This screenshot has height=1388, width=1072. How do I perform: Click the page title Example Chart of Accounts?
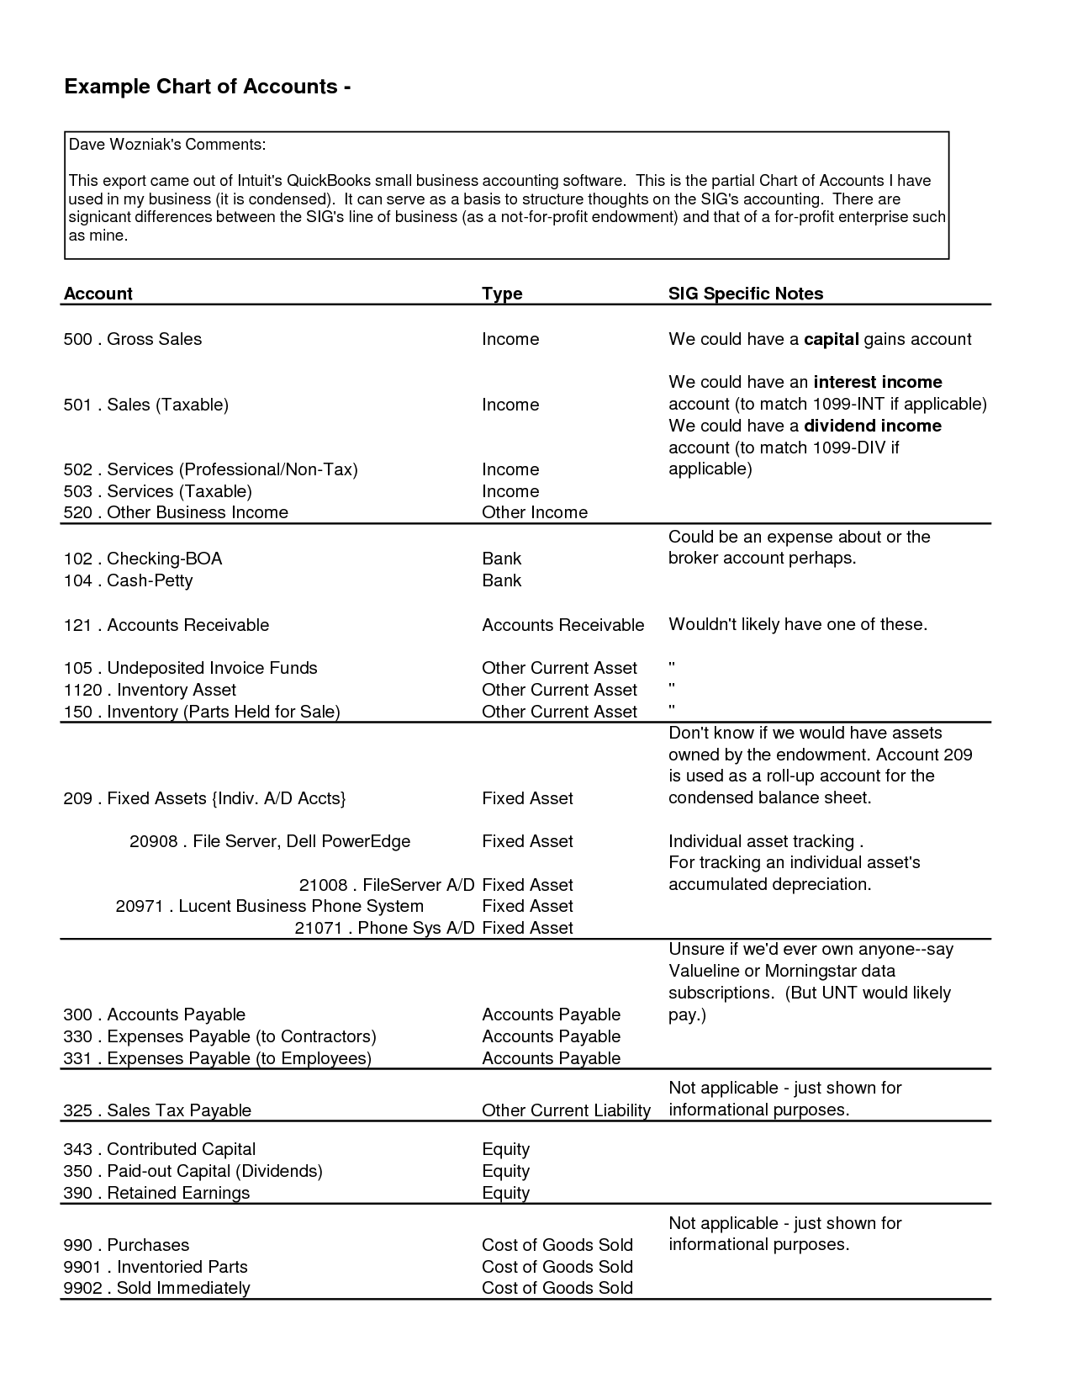(x=207, y=87)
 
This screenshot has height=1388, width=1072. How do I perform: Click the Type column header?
(x=502, y=294)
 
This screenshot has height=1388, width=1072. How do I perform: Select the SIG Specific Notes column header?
(x=745, y=294)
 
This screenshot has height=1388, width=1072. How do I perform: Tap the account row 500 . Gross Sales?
(x=133, y=339)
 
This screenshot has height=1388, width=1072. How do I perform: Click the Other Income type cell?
(x=534, y=512)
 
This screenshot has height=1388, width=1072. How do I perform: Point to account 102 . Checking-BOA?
(x=143, y=559)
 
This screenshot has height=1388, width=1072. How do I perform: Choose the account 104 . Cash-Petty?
(x=128, y=580)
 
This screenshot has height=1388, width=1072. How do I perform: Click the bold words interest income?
(x=878, y=382)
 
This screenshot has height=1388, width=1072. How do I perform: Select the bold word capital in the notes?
(x=831, y=339)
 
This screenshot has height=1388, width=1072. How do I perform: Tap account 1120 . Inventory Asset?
(x=150, y=690)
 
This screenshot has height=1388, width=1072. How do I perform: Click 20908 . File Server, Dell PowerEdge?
(x=269, y=841)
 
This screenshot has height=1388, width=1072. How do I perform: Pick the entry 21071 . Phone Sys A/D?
(x=384, y=928)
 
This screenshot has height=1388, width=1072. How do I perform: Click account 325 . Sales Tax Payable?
(x=157, y=1110)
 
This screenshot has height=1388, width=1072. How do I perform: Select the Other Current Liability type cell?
(x=566, y=1110)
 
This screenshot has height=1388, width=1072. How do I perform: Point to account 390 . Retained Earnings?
(x=156, y=1193)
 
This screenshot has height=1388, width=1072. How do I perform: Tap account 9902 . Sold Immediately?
(x=156, y=1288)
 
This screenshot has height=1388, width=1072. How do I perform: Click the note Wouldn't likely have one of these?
(x=797, y=624)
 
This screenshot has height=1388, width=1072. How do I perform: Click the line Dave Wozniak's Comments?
(x=166, y=145)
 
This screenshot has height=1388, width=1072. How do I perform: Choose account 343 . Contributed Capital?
(x=159, y=1149)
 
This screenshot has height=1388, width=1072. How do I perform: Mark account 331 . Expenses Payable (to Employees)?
(x=217, y=1058)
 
